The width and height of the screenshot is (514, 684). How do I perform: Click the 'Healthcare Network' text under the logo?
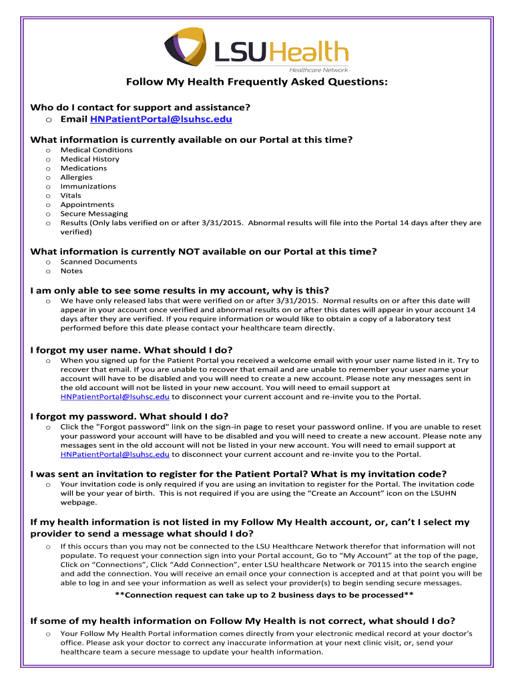tap(318, 69)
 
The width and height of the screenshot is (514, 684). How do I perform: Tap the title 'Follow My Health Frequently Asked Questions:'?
tap(257, 83)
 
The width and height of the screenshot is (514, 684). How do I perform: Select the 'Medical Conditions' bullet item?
tap(96, 150)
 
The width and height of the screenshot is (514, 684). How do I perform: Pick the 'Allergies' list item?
tap(77, 177)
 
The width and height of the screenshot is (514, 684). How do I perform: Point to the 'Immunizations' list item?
tap(88, 186)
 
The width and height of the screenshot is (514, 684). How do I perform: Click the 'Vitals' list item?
tap(71, 196)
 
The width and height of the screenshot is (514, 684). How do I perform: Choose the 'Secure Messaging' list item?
tap(94, 214)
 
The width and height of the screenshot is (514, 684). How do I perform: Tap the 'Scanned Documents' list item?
tap(99, 262)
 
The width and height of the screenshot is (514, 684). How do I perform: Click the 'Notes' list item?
tap(71, 271)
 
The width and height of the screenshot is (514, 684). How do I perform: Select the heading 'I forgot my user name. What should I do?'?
tap(132, 350)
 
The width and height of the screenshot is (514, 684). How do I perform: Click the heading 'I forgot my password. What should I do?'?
tap(130, 416)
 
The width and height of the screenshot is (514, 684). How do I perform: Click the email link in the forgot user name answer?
tap(115, 397)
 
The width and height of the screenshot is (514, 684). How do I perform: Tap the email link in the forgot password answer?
tap(115, 454)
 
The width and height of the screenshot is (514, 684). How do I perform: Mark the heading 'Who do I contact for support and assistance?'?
tap(140, 107)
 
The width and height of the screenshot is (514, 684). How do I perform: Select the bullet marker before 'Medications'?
tap(48, 168)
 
